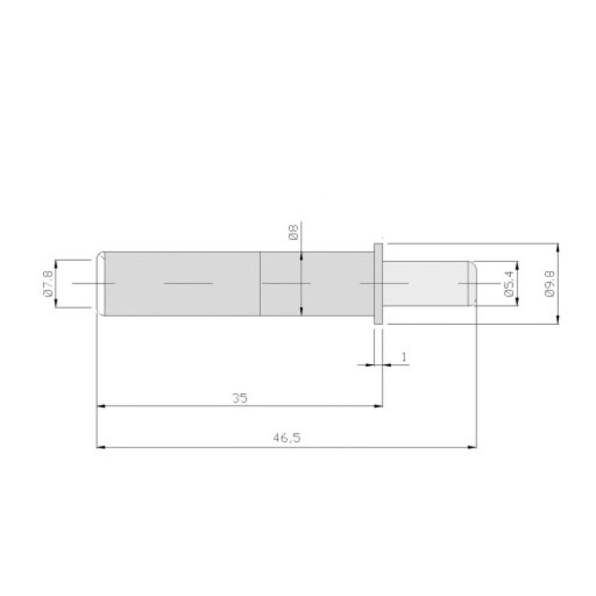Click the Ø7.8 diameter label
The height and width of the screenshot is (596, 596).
tap(48, 284)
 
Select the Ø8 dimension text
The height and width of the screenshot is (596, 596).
tap(294, 232)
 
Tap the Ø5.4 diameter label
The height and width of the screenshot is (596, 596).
tap(509, 284)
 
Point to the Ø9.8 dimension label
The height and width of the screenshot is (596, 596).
tap(550, 284)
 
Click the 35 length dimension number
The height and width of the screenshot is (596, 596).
tap(240, 399)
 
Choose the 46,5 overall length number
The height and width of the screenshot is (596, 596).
tap(287, 438)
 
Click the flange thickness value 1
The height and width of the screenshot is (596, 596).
tap(404, 357)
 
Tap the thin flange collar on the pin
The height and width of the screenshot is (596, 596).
tap(378, 284)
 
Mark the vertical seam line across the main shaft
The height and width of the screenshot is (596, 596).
tap(260, 284)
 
